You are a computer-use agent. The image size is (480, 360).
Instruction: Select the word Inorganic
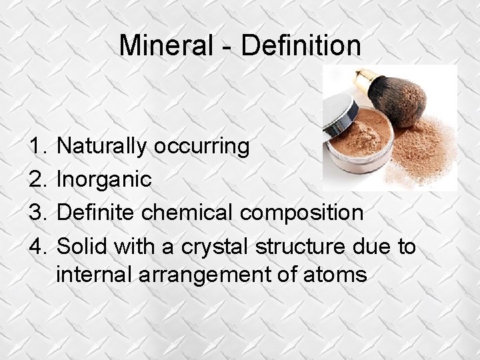105,179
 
